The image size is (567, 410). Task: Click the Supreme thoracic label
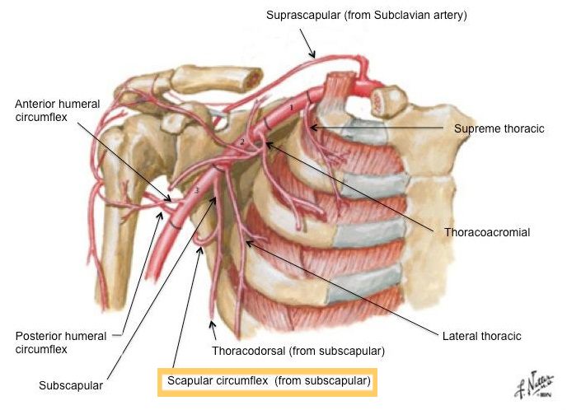[499, 128]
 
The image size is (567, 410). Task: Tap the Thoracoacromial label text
[487, 232]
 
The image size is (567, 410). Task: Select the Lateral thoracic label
[481, 336]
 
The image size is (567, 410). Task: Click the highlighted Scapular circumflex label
[269, 380]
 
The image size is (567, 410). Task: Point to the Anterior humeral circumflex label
[57, 110]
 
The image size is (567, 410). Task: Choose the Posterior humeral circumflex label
[61, 342]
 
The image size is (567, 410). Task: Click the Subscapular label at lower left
[71, 385]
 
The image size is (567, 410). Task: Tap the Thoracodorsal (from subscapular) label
[298, 351]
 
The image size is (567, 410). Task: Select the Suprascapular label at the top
[366, 15]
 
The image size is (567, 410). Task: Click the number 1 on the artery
[292, 108]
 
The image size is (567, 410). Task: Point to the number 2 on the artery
[242, 142]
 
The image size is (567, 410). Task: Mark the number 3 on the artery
[197, 190]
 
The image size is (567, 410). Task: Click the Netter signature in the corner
[535, 384]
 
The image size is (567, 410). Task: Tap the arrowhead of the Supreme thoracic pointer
[313, 128]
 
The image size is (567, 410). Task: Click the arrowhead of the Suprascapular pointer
[312, 54]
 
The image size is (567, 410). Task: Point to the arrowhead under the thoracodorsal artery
[213, 324]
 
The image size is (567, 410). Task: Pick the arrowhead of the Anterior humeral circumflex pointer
[167, 198]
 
